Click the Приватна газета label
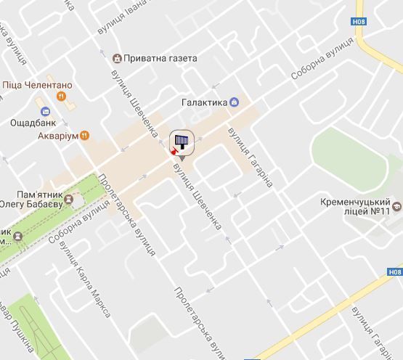tap(160, 58)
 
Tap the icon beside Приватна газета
tap(117, 58)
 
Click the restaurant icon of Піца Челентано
tap(62, 95)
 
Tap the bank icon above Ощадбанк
tap(45, 112)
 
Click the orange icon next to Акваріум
tap(85, 134)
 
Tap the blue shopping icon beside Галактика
tap(234, 102)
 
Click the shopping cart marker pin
tap(182, 143)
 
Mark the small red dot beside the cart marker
tap(173, 152)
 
